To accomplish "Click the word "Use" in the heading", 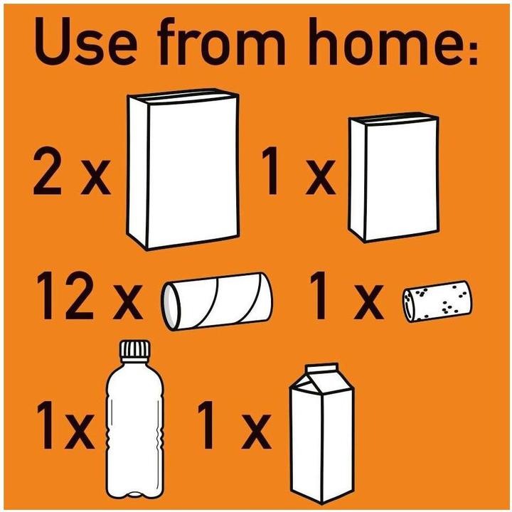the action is point(85,41).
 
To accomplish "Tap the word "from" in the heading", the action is point(222,41).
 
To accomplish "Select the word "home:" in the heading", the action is point(392,41).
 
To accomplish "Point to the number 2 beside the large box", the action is point(47,171).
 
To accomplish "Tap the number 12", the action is point(65,296).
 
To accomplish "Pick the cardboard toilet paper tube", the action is point(217,301).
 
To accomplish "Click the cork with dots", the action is point(437,301).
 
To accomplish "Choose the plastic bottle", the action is point(134,419).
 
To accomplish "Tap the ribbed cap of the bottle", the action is point(135,348).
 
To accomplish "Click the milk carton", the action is point(321,433).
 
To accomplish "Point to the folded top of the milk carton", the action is point(321,379).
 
